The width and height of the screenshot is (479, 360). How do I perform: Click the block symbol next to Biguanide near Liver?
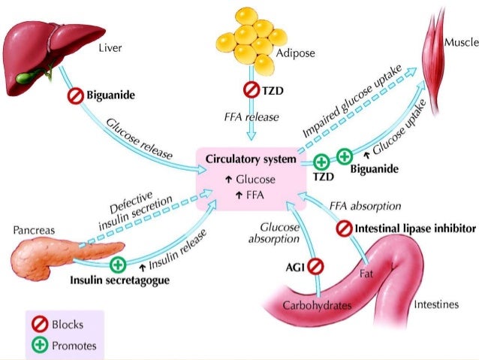75,96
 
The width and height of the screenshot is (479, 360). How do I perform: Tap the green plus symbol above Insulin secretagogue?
117,265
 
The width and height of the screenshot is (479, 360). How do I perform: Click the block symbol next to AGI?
315,266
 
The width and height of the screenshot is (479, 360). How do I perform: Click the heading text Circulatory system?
245,161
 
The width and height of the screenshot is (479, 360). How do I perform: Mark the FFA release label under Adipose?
251,117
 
